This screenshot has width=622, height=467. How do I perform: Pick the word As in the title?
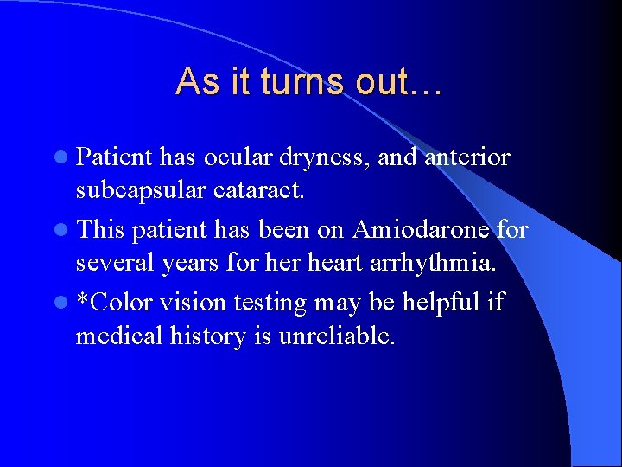[x=192, y=81]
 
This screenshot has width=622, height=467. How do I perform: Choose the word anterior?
[x=467, y=157]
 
